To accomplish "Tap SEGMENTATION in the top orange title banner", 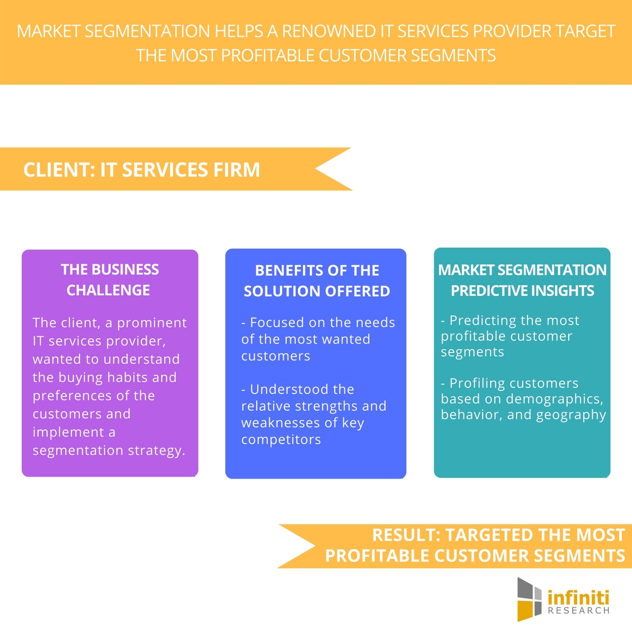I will [147, 31].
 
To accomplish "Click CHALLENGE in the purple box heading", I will [108, 290].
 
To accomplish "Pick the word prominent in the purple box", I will [152, 323].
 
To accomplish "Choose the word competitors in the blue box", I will [281, 440].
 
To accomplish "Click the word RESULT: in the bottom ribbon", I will [406, 535].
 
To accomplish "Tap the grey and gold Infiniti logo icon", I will [529, 600].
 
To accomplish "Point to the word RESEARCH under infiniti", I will [578, 611].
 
